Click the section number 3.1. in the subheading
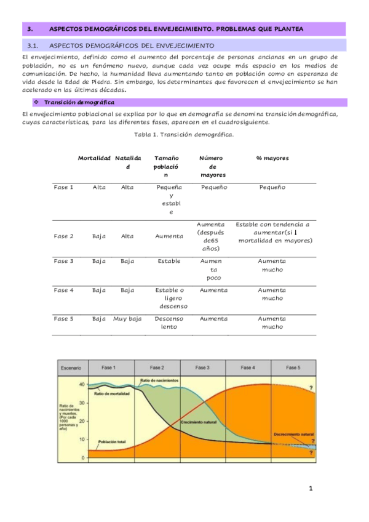click(x=33, y=46)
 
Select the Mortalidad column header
click(x=94, y=158)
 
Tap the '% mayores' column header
click(x=272, y=158)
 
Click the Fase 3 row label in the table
click(x=63, y=261)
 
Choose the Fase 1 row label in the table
click(x=63, y=187)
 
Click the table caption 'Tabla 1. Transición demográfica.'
click(x=184, y=133)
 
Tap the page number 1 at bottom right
click(x=311, y=489)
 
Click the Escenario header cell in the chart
click(x=71, y=367)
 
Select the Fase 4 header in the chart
click(x=248, y=367)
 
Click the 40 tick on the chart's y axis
click(x=81, y=383)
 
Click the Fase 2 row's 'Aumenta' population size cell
click(x=169, y=236)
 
